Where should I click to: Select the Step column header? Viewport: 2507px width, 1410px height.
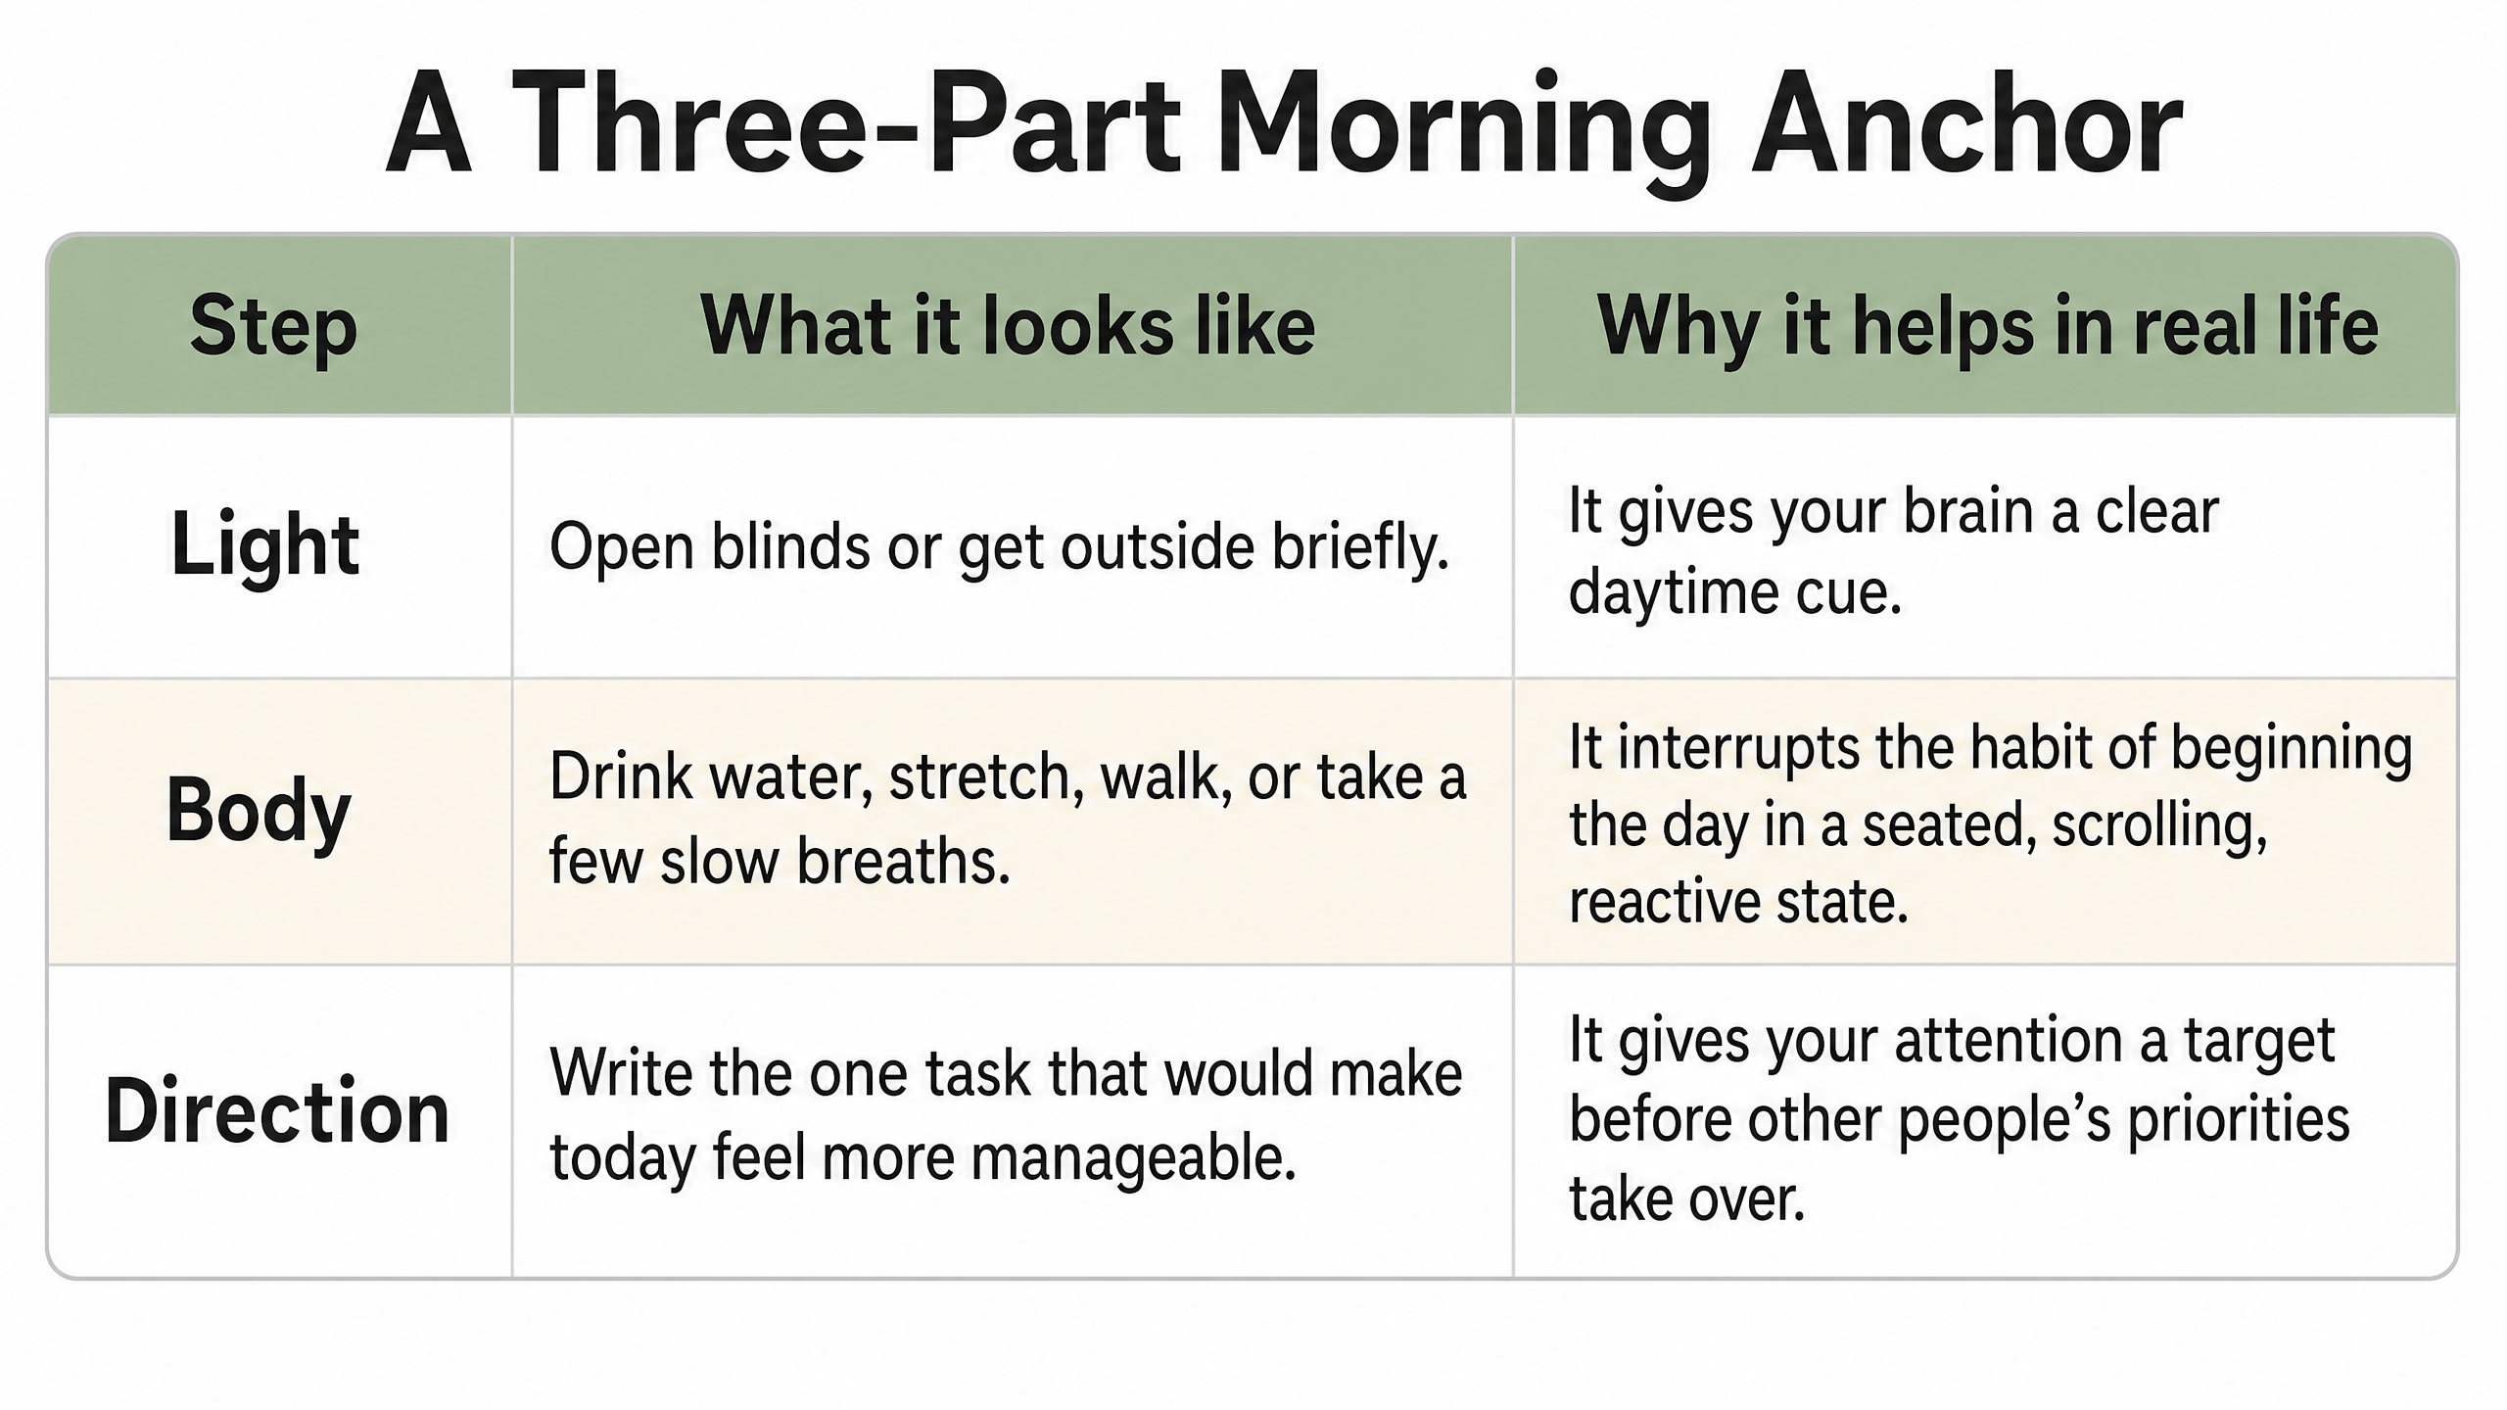pyautogui.click(x=273, y=329)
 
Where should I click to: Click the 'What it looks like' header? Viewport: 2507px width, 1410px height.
pyautogui.click(x=1008, y=325)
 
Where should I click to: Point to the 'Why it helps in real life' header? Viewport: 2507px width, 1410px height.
pyautogui.click(x=1987, y=328)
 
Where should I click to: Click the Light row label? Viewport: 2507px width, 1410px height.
pyautogui.click(x=265, y=546)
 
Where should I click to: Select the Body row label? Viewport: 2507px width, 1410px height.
pyautogui.click(x=259, y=812)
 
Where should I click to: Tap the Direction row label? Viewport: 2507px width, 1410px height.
pyautogui.click(x=277, y=1111)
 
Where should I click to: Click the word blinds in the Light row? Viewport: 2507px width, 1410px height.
pyautogui.click(x=790, y=545)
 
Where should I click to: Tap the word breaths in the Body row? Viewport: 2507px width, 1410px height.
pyautogui.click(x=903, y=861)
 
